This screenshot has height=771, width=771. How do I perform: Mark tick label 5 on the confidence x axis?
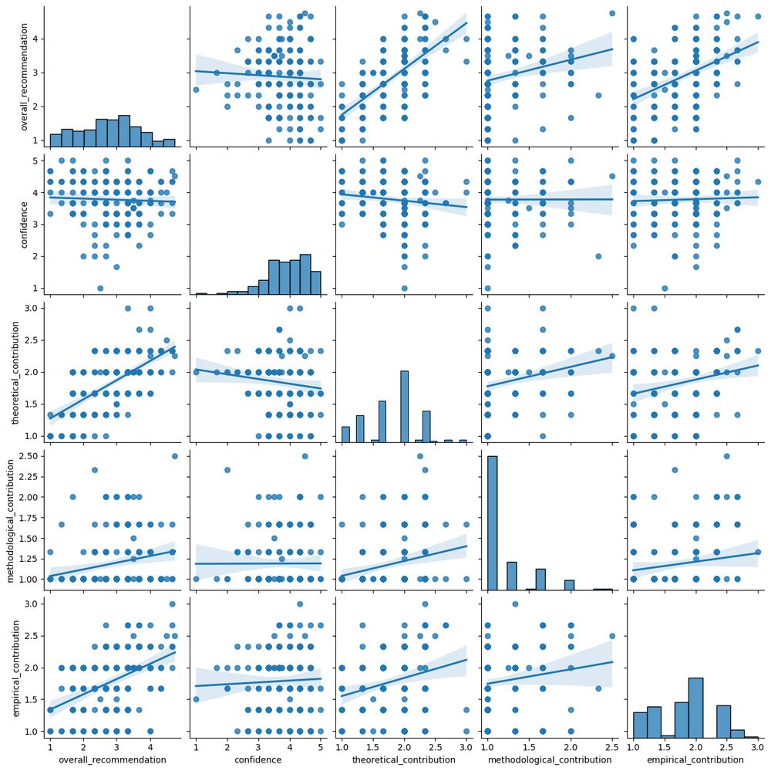(321, 749)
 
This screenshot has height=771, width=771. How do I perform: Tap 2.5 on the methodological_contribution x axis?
(612, 749)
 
